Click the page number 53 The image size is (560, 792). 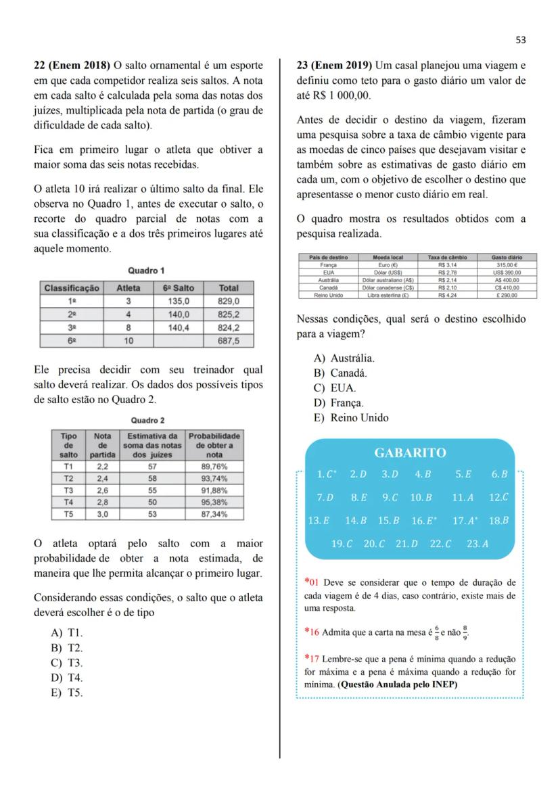click(x=520, y=40)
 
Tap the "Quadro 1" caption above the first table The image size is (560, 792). click(x=146, y=271)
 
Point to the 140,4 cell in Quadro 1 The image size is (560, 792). click(x=179, y=327)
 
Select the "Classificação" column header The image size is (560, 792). click(x=72, y=288)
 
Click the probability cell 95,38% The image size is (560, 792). click(x=214, y=503)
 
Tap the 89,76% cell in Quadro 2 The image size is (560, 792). click(x=214, y=467)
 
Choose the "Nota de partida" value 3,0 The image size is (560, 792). click(x=103, y=514)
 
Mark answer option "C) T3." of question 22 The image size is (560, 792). click(x=66, y=663)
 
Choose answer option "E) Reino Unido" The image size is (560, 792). click(x=350, y=417)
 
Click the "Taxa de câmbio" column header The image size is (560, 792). click(x=447, y=257)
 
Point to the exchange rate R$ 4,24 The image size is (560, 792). click(x=447, y=295)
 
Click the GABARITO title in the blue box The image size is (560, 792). click(x=410, y=452)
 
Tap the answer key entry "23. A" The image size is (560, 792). click(x=477, y=543)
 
